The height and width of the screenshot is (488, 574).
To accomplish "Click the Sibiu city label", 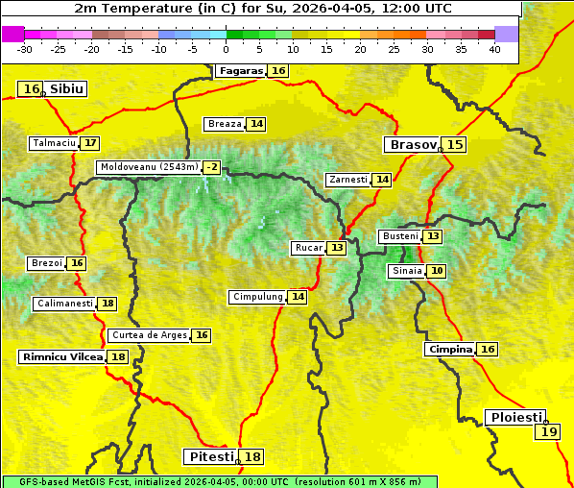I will point(66,89).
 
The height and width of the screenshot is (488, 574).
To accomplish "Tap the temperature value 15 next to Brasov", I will point(454,145).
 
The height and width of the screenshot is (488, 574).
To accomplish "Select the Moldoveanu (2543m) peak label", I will point(149,167).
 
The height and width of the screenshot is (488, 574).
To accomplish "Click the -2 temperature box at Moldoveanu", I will point(211,167).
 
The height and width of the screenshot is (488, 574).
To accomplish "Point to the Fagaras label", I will point(240,71).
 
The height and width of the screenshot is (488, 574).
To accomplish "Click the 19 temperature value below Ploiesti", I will point(548,432).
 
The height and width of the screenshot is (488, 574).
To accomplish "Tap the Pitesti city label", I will point(210,456).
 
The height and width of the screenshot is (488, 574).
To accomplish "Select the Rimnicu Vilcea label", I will point(61,357).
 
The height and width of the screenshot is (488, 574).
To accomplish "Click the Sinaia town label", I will point(406,272).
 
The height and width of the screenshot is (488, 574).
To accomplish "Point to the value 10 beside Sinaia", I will point(437,272).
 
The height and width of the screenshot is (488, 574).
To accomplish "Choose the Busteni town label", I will point(399,236).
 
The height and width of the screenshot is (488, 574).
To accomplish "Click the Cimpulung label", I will point(257,297).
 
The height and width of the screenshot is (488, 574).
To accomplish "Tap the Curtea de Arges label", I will point(148,335).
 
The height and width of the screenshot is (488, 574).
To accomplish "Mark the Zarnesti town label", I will point(347,180).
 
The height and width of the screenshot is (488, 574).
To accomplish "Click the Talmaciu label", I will point(54,143).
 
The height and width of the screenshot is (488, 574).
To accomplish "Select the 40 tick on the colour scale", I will point(494,49).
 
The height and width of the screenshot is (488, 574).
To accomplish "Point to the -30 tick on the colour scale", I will point(25,49).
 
